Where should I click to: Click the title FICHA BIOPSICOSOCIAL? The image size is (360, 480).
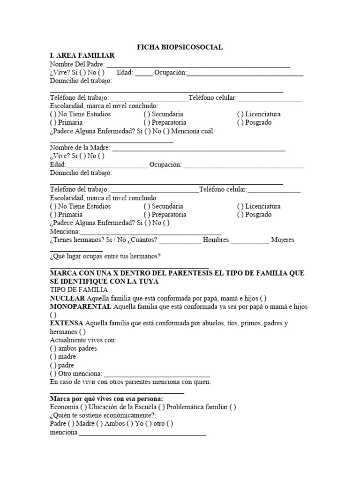pos(180,47)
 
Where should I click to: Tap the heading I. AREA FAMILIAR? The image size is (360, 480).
pos(82,55)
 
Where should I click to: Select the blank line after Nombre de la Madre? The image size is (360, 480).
pos(199,148)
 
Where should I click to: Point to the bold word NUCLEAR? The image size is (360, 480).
pos(67,298)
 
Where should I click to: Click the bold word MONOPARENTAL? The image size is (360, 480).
pos(81,307)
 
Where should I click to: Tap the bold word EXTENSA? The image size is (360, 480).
pos(67,323)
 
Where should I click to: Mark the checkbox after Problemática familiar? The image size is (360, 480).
pos(233,407)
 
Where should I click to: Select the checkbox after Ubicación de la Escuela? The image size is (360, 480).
pos(162,407)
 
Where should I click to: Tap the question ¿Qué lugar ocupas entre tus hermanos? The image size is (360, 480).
pos(105,256)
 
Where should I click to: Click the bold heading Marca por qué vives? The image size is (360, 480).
pos(106,399)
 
